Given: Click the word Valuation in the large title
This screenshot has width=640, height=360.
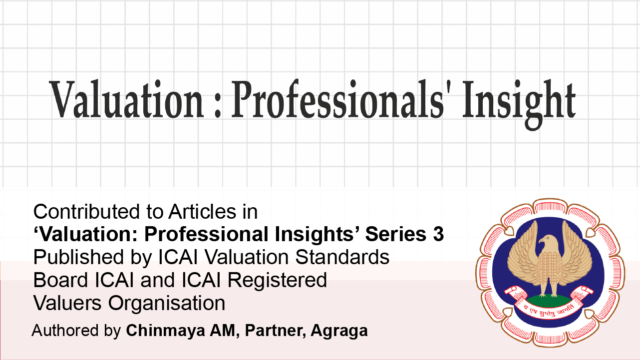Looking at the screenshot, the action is coord(127,99).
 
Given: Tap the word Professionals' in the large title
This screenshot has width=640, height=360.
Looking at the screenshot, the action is coord(337,99).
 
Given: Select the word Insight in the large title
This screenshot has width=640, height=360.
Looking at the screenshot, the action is coord(519,104).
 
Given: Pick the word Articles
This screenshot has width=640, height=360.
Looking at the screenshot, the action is coord(202,212).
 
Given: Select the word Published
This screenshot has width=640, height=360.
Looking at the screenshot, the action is coord(78,257).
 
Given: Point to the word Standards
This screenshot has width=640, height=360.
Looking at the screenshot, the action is coord(342,257).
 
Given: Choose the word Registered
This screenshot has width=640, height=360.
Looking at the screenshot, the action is coord(277,280).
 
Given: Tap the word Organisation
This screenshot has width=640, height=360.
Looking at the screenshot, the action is coord(167,303).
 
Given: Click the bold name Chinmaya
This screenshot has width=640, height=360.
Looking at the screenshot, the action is coord(165,331).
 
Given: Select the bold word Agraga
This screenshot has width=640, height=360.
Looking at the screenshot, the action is coord(339,331).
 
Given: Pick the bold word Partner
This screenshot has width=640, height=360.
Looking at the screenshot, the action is coord(276,331).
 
